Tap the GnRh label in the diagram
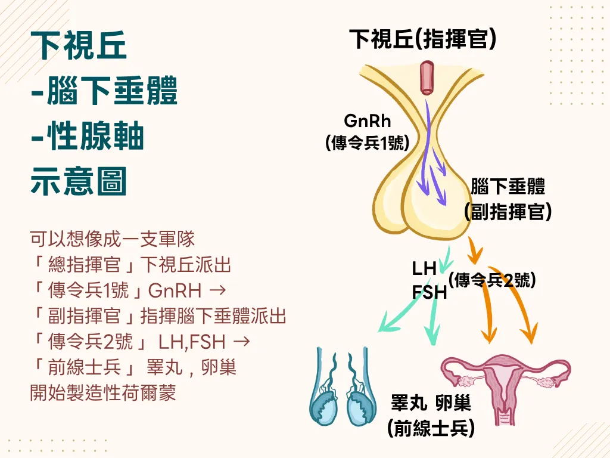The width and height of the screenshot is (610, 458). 368,121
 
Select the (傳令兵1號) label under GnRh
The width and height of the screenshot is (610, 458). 368,143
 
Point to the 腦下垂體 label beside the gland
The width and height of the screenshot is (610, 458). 508,187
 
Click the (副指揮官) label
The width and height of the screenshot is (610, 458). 508,212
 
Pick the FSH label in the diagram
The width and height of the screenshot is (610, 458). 428,292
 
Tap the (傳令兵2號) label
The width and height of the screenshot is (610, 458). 492,280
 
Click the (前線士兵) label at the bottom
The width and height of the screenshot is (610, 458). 431,428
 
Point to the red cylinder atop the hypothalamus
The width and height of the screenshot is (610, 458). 427,78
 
